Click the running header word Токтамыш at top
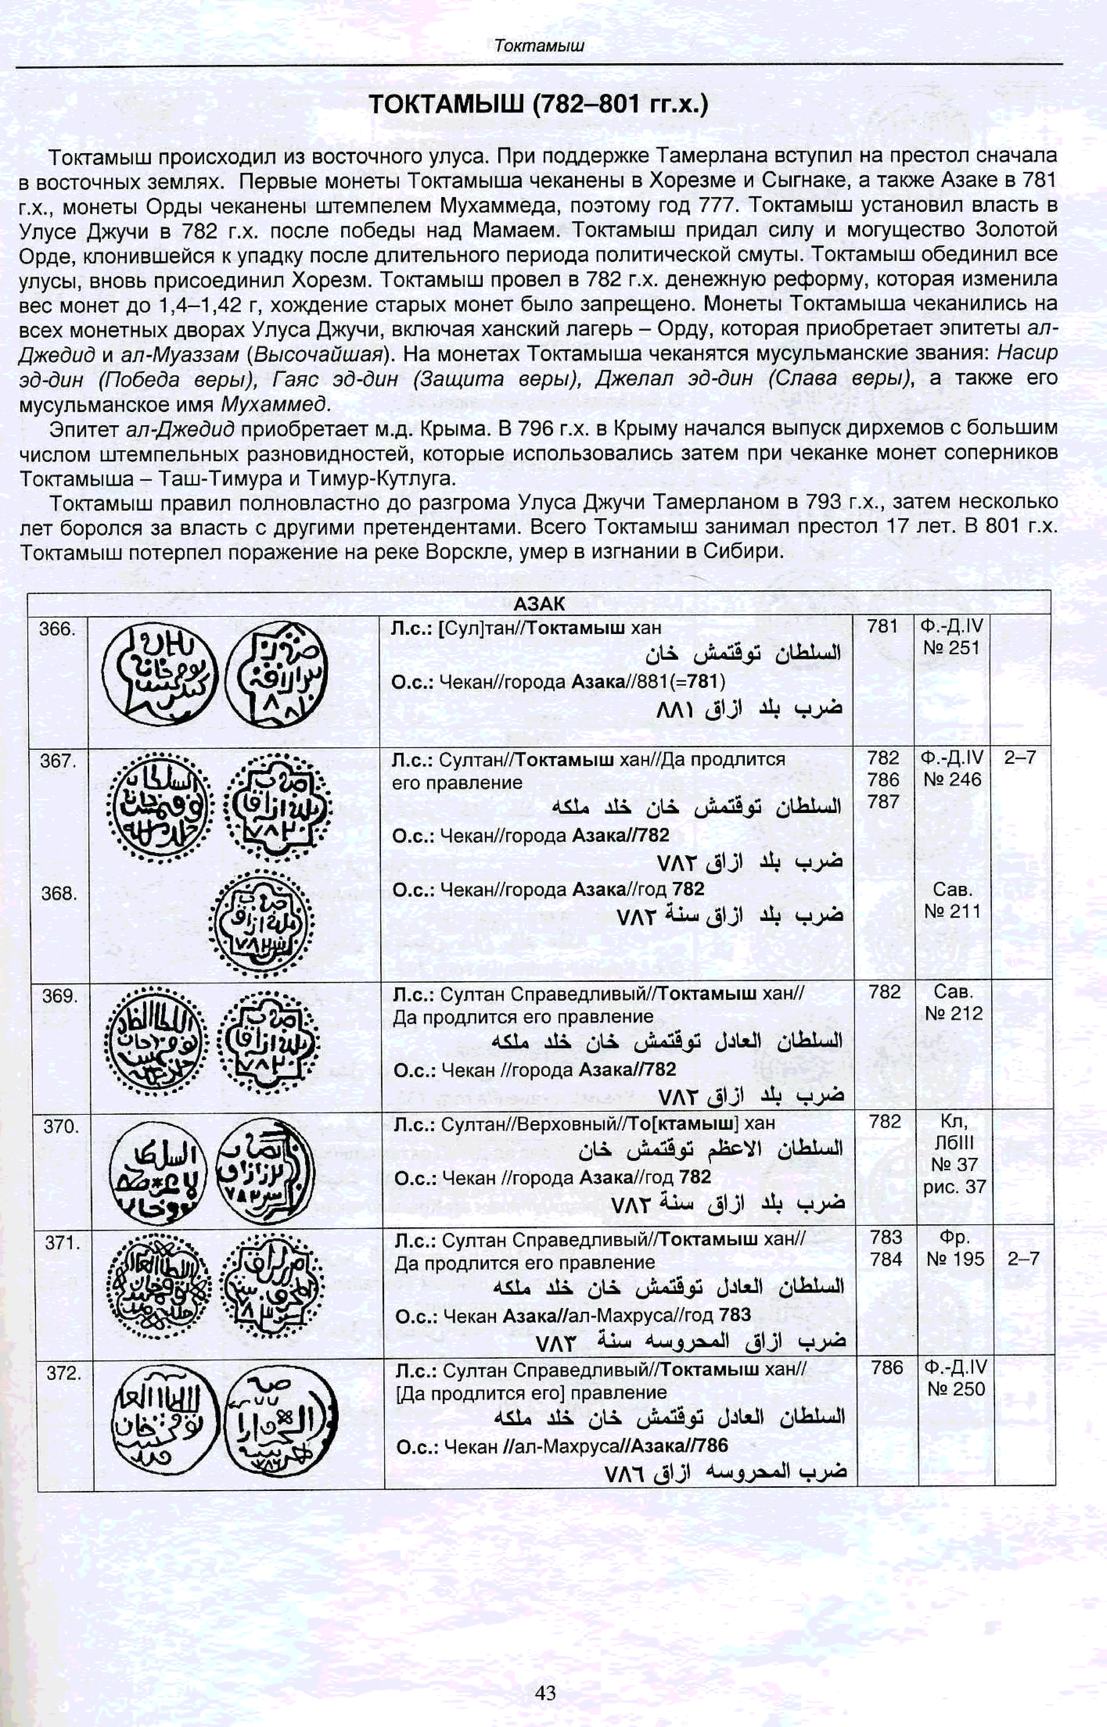pos(539,46)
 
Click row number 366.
pos(57,629)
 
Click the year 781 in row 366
pos(883,627)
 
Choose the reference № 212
pos(953,1014)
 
